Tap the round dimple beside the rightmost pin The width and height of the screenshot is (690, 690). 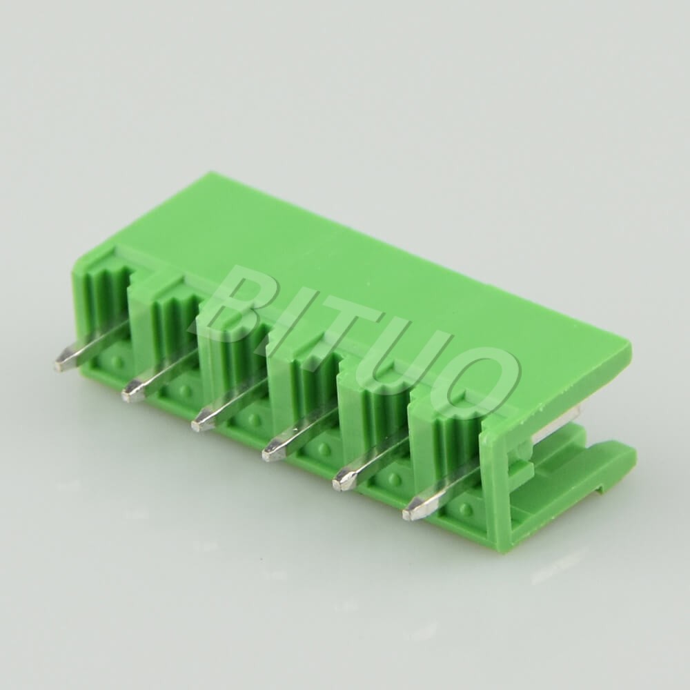click(466, 510)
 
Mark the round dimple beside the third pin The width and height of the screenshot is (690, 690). click(255, 419)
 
